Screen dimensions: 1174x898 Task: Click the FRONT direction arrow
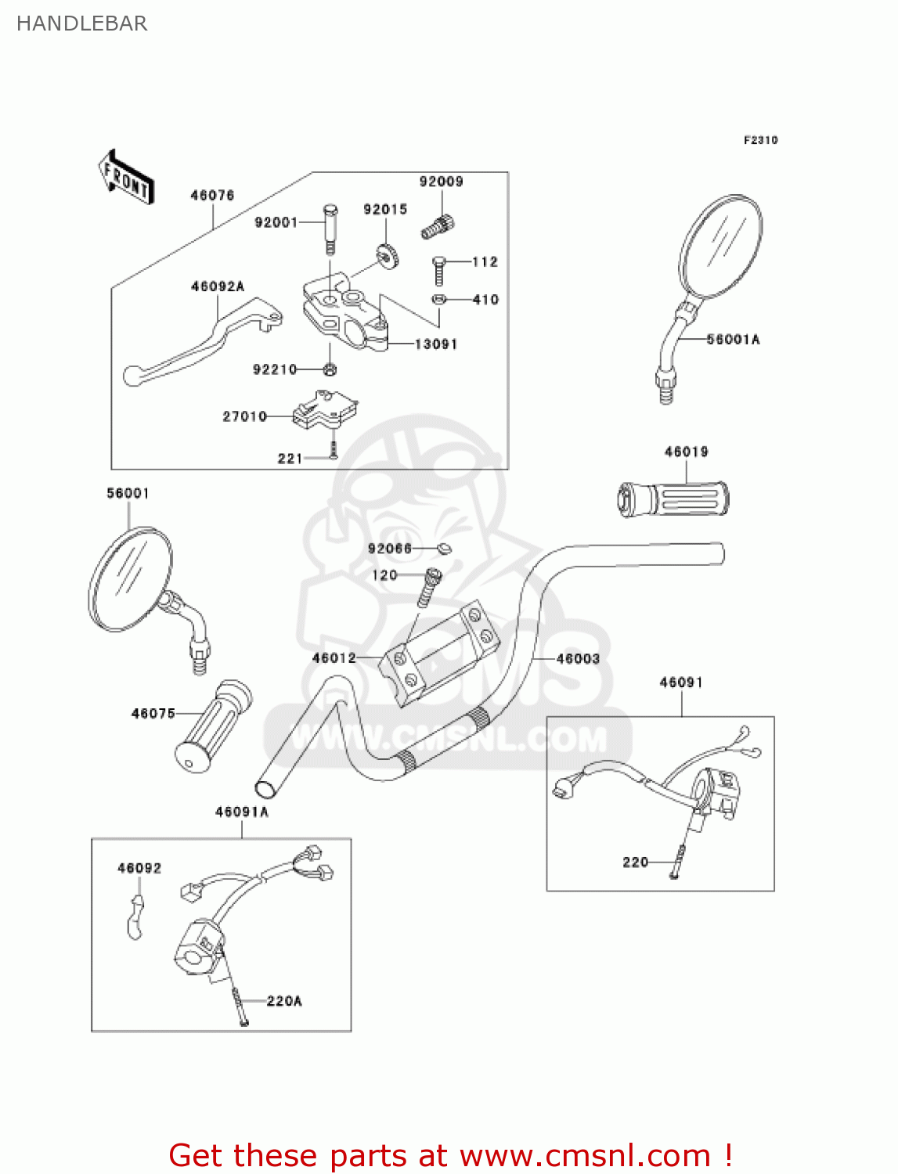(126, 178)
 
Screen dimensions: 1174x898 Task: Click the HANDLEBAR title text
(81, 23)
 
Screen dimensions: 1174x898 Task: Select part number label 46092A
(217, 286)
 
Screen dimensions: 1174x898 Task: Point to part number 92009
(441, 182)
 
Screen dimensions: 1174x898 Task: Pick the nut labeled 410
(439, 299)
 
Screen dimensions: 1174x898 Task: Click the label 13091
(435, 344)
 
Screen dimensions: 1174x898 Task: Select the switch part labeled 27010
(323, 410)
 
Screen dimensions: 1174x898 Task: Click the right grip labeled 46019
(673, 499)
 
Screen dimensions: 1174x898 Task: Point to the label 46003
(578, 659)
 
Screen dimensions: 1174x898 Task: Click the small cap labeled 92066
(444, 548)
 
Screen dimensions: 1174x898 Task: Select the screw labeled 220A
(240, 1006)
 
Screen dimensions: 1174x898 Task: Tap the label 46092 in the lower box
(139, 868)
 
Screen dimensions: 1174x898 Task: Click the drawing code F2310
(760, 140)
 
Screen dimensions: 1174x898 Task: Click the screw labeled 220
(678, 862)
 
